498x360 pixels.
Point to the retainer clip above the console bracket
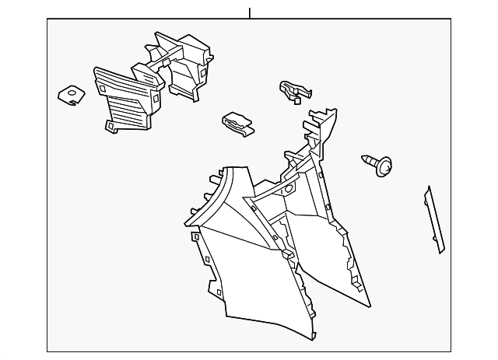292,89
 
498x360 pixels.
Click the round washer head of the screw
384,167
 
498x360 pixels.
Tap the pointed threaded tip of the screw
364,159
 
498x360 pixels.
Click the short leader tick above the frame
250,13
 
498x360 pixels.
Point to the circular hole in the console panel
287,190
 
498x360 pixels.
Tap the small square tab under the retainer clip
300,100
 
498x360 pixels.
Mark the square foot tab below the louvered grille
110,125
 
